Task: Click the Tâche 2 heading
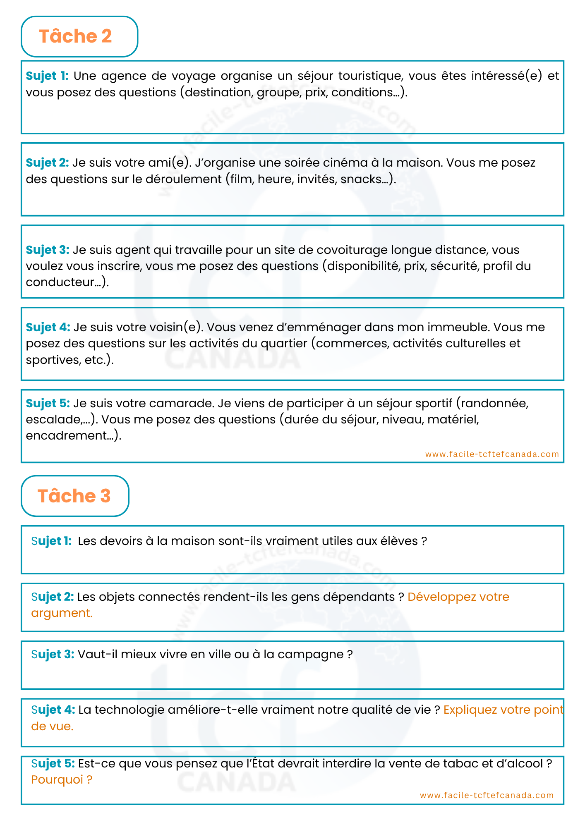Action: (75, 36)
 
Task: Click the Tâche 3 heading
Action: (74, 496)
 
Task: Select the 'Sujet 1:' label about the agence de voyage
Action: (47, 76)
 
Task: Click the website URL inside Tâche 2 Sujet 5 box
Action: (492, 454)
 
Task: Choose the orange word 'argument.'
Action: (62, 613)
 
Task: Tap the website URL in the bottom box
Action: (487, 795)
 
